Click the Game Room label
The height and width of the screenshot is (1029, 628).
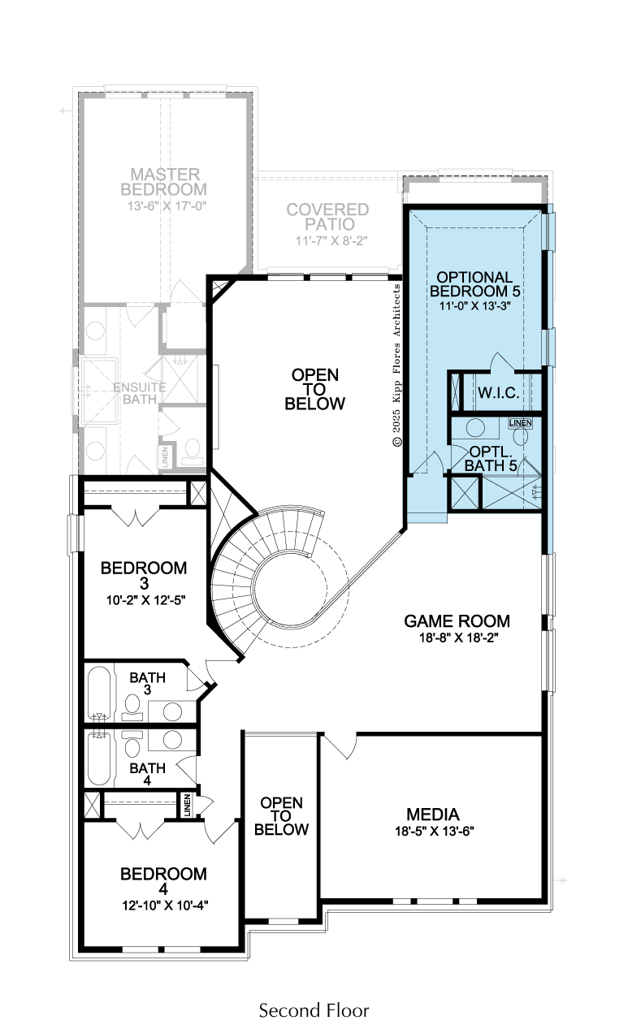pos(457,621)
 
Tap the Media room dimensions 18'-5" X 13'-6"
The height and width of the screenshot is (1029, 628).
pos(434,831)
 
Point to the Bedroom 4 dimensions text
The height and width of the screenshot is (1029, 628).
pos(165,906)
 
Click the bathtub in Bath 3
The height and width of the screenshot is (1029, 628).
pos(99,694)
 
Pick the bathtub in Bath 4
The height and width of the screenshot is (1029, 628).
pos(99,759)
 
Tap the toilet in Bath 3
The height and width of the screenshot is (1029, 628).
pos(132,707)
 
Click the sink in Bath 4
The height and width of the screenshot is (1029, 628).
pos(171,740)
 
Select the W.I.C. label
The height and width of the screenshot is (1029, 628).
pos(499,393)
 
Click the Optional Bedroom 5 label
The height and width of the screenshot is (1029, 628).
pos(474,284)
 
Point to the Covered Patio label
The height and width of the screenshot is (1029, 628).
pos(327,217)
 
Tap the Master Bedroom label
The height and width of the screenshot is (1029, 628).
pos(163,182)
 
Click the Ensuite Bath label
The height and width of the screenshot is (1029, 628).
pos(140,393)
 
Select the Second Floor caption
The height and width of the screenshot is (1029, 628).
pos(314,1010)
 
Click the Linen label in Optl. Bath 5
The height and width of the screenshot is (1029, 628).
pos(521,422)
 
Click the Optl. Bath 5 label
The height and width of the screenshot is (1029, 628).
pos(491,458)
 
